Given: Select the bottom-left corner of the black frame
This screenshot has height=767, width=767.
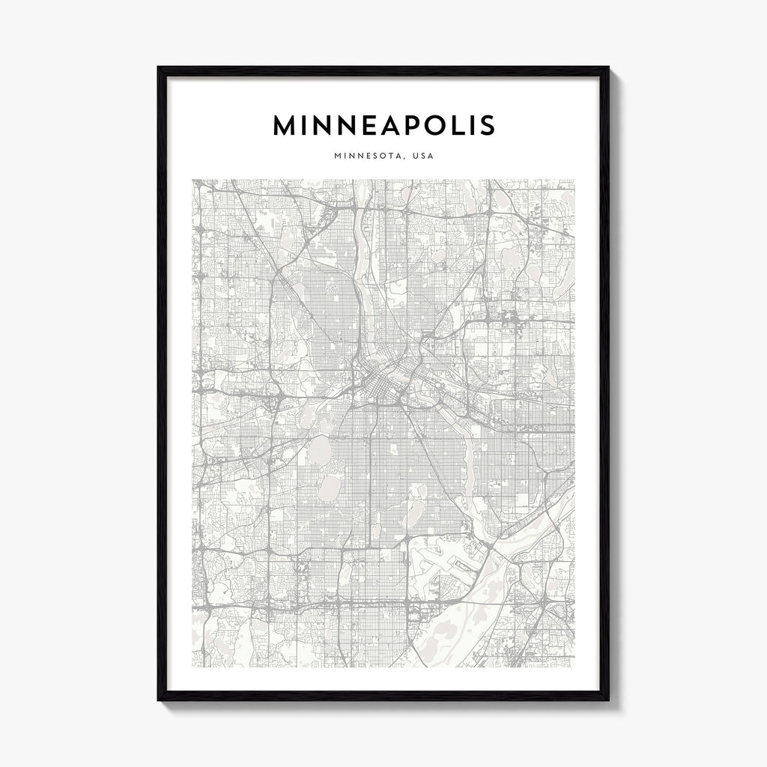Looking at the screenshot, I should [x=159, y=700].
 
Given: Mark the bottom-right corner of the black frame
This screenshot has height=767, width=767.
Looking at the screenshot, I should [x=607, y=700].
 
